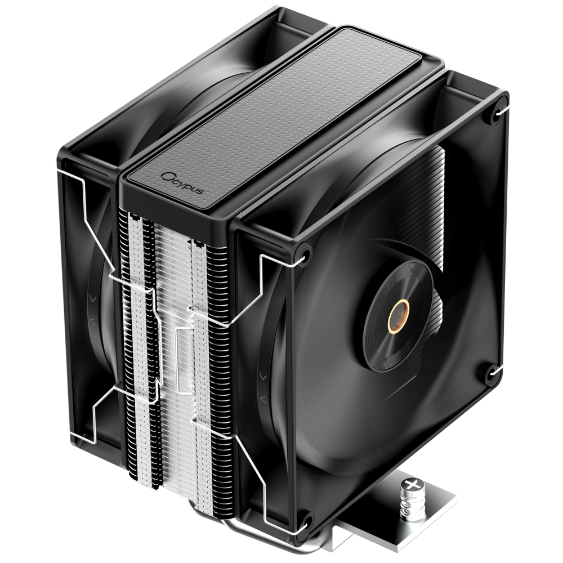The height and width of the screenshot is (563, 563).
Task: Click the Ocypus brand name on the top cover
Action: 183,183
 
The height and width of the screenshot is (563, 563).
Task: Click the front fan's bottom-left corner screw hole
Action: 306,525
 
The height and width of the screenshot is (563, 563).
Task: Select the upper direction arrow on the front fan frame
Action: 263,377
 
